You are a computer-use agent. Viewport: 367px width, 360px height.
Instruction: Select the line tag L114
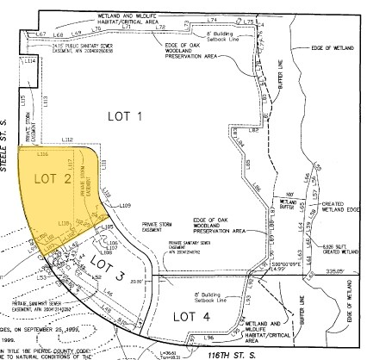tap(32, 63)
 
